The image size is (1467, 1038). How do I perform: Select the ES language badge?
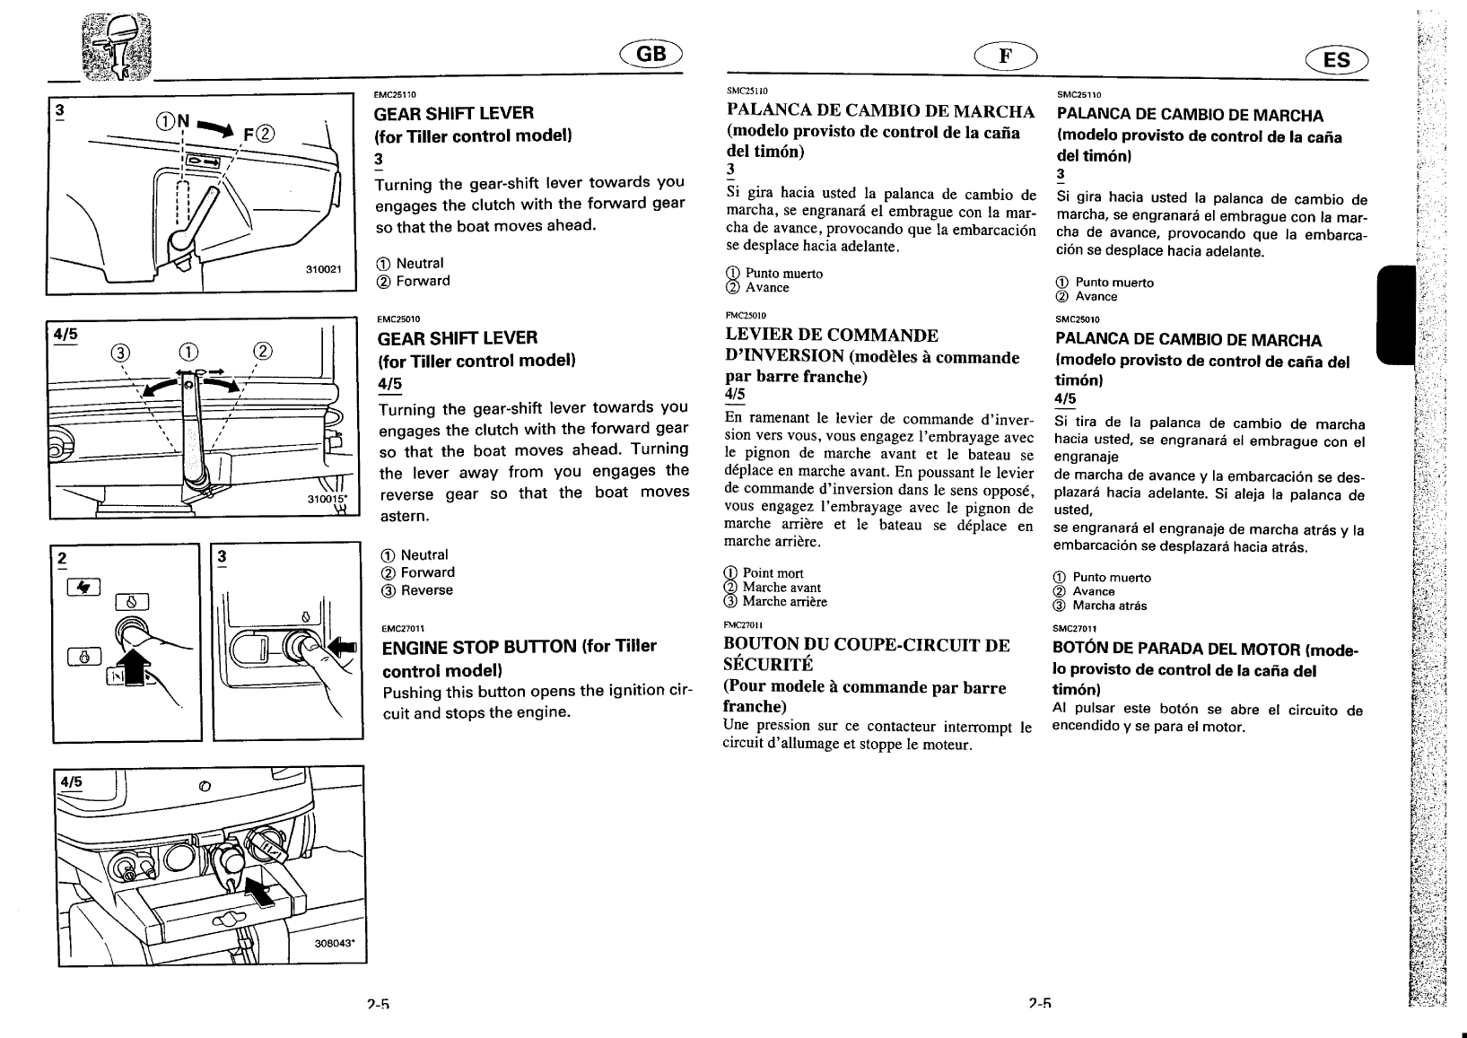[1336, 59]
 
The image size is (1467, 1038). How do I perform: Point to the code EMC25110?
[391, 93]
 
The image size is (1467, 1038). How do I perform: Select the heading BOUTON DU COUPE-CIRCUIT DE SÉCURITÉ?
[866, 654]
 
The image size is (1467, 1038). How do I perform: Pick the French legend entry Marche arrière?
[784, 602]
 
